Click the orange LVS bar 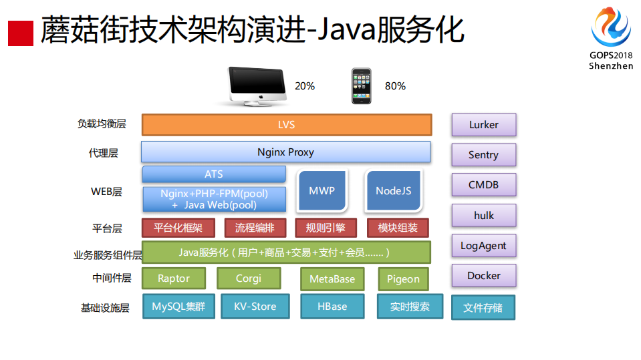tap(286, 125)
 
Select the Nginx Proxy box tap(285, 152)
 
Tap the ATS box tap(214, 174)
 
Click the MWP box tap(322, 191)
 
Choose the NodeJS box tap(393, 191)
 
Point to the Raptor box tap(174, 279)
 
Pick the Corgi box tap(249, 279)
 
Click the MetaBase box tap(332, 279)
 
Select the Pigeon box tap(403, 279)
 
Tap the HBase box tap(332, 307)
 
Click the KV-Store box tap(255, 307)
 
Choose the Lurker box tap(483, 125)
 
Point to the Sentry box tap(483, 155)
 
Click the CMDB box tap(483, 185)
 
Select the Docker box tap(483, 276)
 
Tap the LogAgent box tap(483, 246)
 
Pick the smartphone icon tap(362, 85)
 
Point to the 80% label tap(395, 86)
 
